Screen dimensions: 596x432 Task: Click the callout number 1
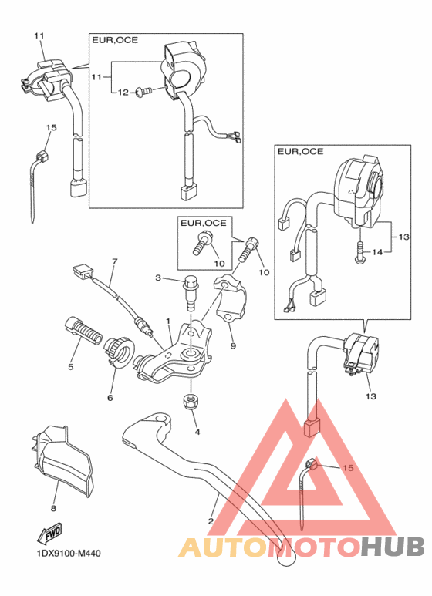pyautogui.click(x=168, y=319)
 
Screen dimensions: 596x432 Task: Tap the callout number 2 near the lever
pyautogui.click(x=211, y=520)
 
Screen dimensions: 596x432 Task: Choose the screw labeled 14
pyautogui.click(x=360, y=252)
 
